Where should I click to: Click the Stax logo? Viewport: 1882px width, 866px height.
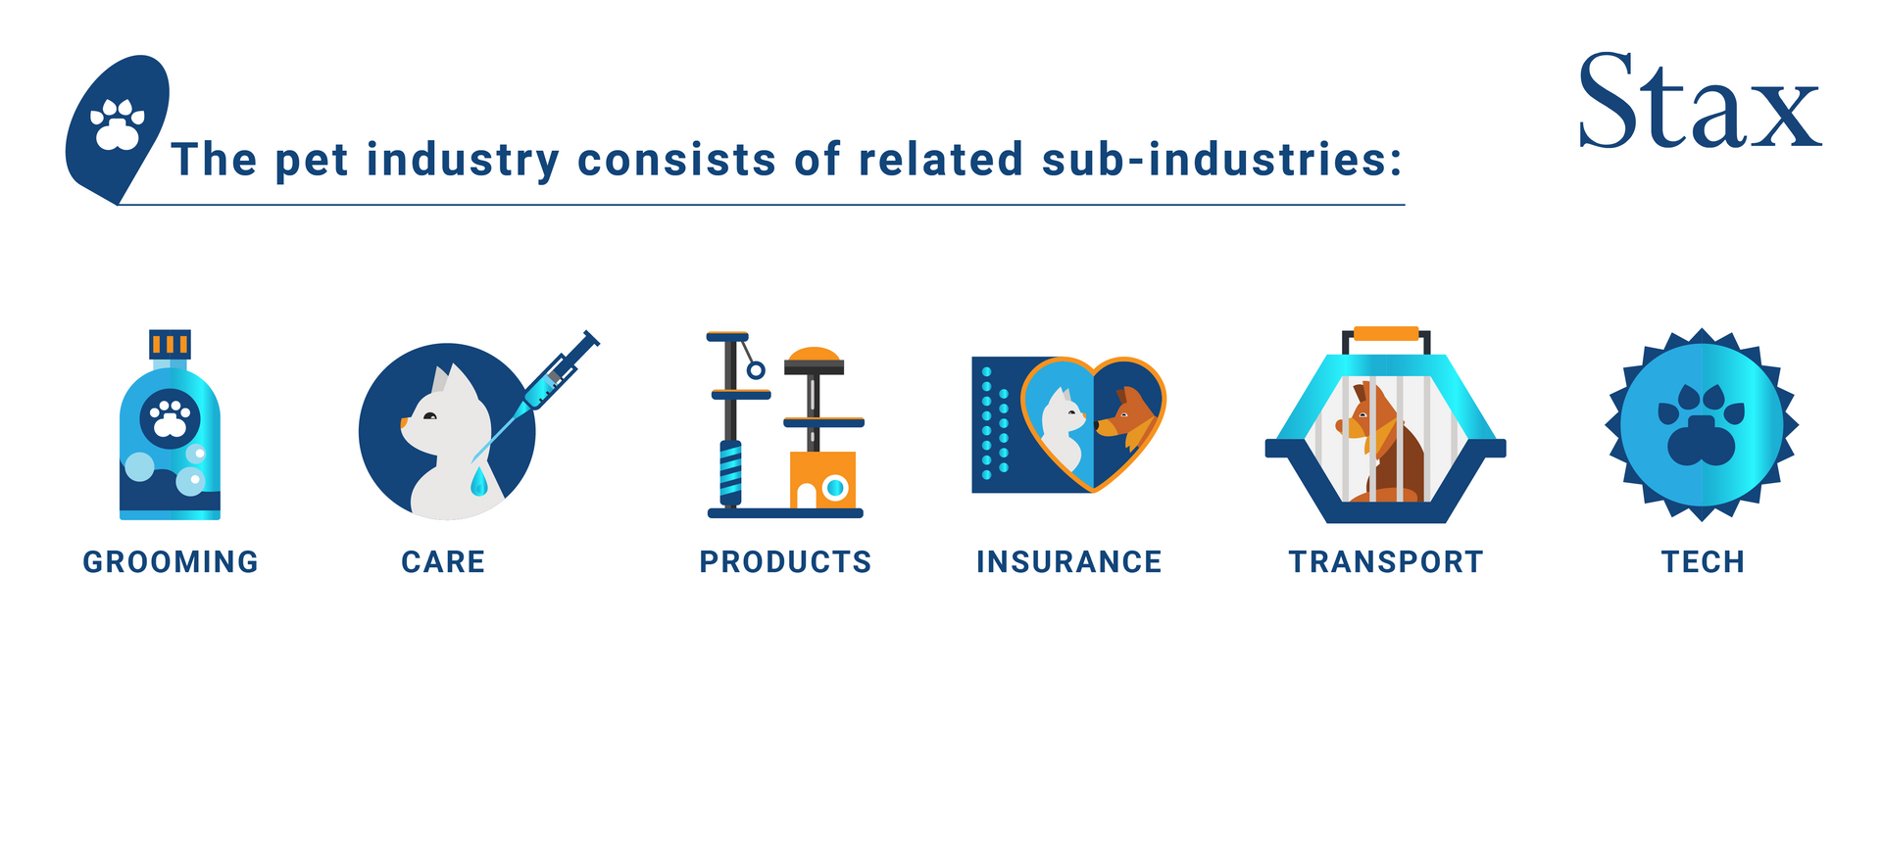tap(1700, 101)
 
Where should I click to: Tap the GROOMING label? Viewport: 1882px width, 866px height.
tap(171, 561)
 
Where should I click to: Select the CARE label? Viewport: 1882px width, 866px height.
tap(443, 561)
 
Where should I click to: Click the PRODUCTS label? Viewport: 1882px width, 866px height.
tap(785, 561)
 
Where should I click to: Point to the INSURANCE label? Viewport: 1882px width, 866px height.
tap(1068, 561)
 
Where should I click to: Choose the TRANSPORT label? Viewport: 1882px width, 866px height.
tap(1386, 561)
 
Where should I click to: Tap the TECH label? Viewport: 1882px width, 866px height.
tap(1703, 561)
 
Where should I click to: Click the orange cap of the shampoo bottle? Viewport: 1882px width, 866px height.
tap(170, 344)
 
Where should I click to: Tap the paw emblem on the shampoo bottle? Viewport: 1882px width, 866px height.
tap(171, 419)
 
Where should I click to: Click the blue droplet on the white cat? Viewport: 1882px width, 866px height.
tap(478, 481)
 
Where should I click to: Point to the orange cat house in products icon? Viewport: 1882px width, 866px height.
tap(822, 480)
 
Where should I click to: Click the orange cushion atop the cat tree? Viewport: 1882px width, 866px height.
tap(814, 355)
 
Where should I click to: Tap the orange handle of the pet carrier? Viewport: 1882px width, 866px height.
tap(1386, 334)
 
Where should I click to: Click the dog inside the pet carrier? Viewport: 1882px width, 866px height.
tap(1381, 442)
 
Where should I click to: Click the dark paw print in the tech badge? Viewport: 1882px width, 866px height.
tap(1702, 425)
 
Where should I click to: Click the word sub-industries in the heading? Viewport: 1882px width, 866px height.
tap(1222, 160)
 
